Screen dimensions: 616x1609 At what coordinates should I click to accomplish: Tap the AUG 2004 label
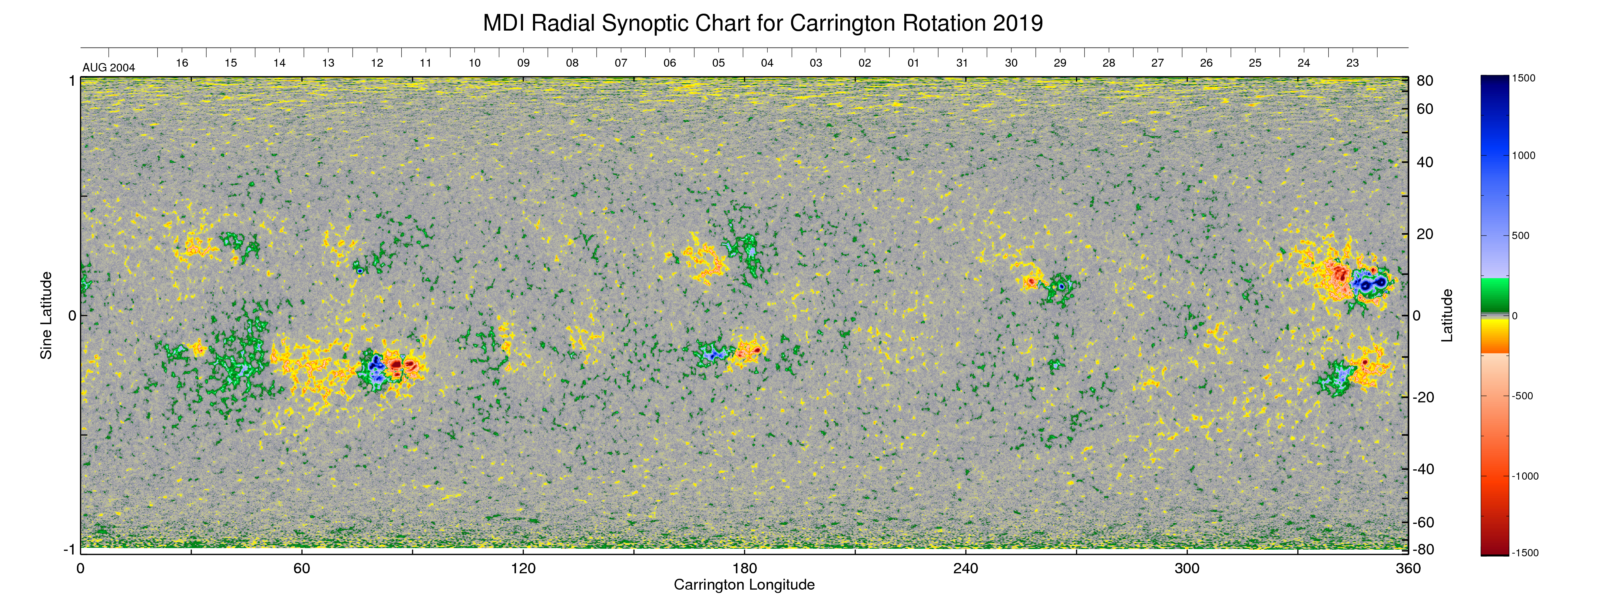pyautogui.click(x=109, y=68)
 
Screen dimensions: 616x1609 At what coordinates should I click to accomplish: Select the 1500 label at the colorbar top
pyautogui.click(x=1523, y=78)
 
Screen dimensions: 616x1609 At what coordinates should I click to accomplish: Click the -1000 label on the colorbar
pyautogui.click(x=1525, y=476)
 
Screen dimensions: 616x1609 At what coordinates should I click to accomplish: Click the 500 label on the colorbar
pyautogui.click(x=1520, y=235)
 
